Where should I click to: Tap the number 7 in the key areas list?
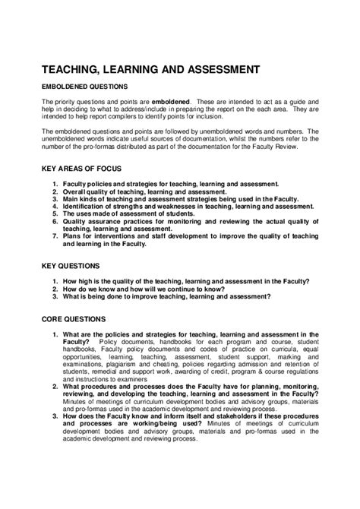[x=55, y=235]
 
